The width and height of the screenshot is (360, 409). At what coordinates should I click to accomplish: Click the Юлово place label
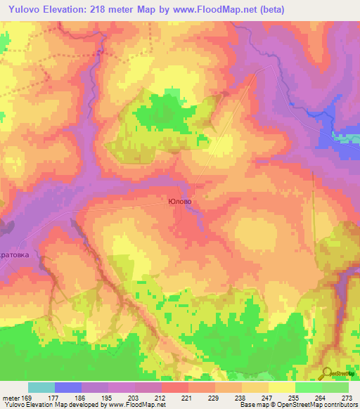pos(180,201)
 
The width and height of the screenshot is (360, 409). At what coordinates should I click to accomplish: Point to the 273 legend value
pos(347,397)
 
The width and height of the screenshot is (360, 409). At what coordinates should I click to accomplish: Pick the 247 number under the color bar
pos(255,397)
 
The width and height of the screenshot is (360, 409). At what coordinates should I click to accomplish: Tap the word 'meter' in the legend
pos(9,397)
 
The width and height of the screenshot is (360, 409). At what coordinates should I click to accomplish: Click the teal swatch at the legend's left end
pos(41,387)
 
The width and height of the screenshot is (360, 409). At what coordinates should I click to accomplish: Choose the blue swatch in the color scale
pos(68,387)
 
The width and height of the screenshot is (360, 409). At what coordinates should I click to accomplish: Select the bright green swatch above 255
pos(309,387)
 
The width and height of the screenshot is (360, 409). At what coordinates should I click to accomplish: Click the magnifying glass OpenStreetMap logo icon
pos(326,374)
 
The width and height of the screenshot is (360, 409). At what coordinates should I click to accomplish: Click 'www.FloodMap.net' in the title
pos(209,8)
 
